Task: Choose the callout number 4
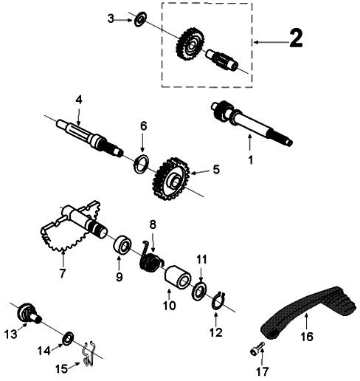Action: click(78, 98)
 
